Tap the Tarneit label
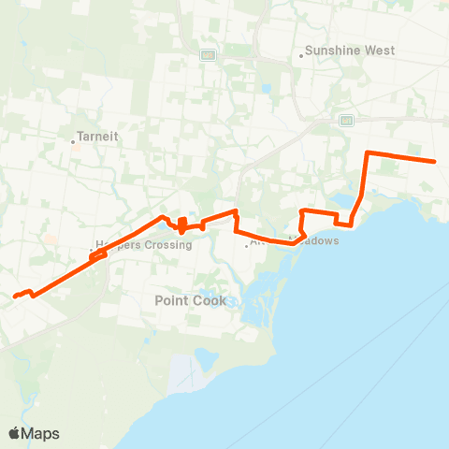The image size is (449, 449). (x=96, y=135)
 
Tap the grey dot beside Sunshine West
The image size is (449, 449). (x=300, y=55)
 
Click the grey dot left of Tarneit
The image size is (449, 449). (x=73, y=142)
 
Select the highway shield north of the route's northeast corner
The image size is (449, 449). (x=346, y=120)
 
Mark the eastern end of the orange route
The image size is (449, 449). (x=435, y=162)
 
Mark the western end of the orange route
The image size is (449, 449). (x=15, y=297)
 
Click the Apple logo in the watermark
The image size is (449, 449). (x=15, y=433)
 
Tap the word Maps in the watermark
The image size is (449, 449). (x=41, y=433)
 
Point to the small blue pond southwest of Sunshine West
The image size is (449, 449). (x=267, y=91)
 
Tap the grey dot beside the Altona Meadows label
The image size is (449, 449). (x=247, y=246)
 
